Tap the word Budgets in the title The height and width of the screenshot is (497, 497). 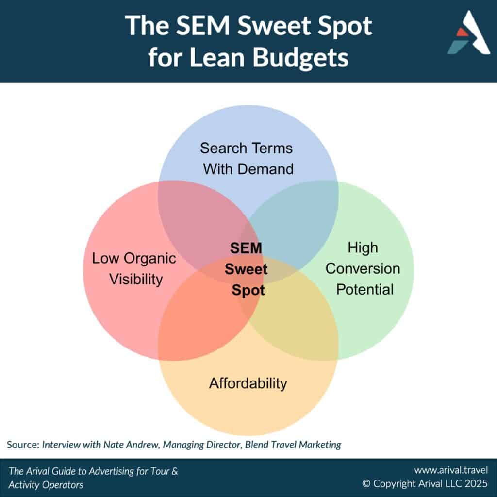pyautogui.click(x=300, y=57)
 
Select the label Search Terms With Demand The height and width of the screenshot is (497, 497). pyautogui.click(x=247, y=159)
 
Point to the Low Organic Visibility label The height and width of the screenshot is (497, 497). pyautogui.click(x=134, y=269)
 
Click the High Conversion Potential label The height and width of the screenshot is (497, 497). pyautogui.click(x=363, y=268)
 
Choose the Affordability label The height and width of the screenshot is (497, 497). pyautogui.click(x=248, y=383)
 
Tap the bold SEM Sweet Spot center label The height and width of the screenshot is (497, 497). pyautogui.click(x=246, y=269)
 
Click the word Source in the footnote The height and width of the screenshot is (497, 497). pyautogui.click(x=23, y=445)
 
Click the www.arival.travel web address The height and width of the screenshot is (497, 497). pyautogui.click(x=451, y=470)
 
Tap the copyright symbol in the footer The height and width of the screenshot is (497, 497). pyautogui.click(x=366, y=484)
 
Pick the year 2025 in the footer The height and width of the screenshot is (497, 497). pyautogui.click(x=476, y=484)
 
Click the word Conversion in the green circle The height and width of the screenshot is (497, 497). pyautogui.click(x=363, y=269)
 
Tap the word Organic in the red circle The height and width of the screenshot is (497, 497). pyautogui.click(x=150, y=259)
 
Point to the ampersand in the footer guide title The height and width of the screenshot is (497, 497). pyautogui.click(x=175, y=471)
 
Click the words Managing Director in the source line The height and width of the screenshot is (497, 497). pyautogui.click(x=202, y=445)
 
